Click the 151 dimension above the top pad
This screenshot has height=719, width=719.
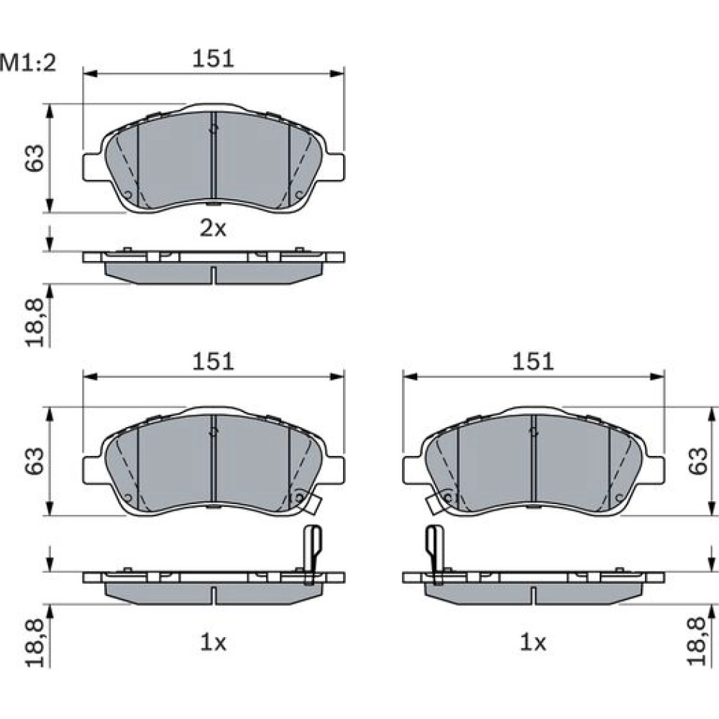[213, 59]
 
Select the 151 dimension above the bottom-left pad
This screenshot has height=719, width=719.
[213, 362]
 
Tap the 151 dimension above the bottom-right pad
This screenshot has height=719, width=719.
[533, 362]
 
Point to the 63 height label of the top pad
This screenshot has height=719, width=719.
[35, 158]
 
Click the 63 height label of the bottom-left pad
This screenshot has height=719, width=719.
[35, 461]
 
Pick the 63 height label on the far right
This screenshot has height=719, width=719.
[698, 461]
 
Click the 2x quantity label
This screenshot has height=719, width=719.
[214, 228]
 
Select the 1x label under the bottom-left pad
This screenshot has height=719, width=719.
[214, 643]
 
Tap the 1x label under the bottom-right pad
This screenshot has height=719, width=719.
[533, 643]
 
